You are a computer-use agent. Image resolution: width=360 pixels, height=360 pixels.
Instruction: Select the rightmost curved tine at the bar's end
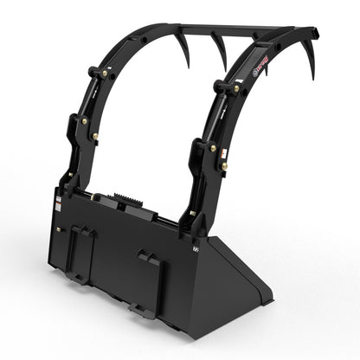pyautogui.click(x=309, y=64)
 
